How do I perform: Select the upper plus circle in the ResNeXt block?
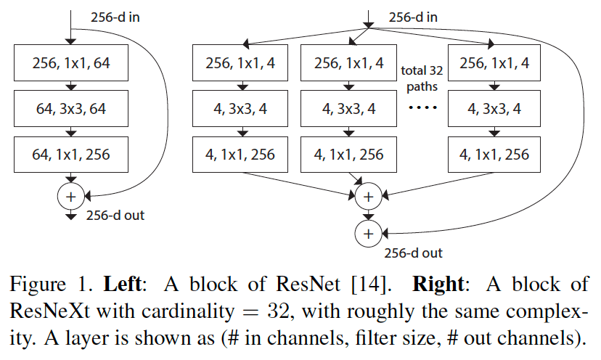tap(368, 196)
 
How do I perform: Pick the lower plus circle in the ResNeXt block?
tap(368, 233)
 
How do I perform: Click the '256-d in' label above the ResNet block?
tap(115, 17)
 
